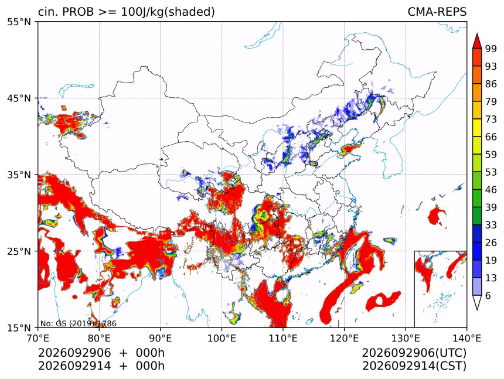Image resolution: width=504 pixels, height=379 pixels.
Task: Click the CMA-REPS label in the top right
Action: coord(437,12)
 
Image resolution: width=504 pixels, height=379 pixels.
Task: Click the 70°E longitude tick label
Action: coord(38,338)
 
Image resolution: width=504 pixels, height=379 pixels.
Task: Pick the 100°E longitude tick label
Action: coord(222,338)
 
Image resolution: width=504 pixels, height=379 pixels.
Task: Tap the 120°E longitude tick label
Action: coord(344,338)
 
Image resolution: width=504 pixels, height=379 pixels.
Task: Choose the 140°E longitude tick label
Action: coord(466,338)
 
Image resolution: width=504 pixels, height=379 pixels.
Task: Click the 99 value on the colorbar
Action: coord(491,49)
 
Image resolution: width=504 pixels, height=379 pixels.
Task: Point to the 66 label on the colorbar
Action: coord(491,137)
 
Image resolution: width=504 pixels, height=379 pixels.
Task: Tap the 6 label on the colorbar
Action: coord(488,295)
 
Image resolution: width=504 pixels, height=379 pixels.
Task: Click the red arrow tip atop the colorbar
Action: coord(477,34)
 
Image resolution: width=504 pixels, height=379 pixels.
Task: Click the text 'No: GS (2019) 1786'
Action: coord(79,323)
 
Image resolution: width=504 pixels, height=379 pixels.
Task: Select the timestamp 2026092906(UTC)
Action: coord(414,353)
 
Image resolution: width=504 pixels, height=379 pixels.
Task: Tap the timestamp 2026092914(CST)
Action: coord(414,366)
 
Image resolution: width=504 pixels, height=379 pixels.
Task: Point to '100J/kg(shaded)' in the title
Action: coord(168,12)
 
